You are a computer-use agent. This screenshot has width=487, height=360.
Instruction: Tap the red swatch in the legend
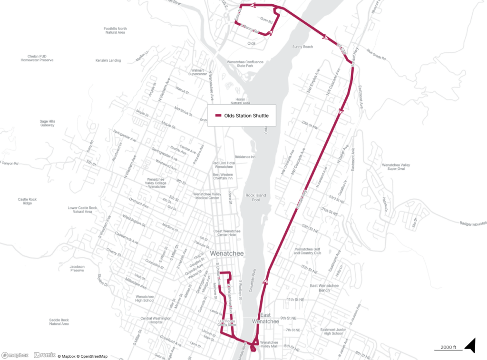[x=218, y=116]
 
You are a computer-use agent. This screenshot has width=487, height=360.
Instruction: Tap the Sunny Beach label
[x=302, y=47]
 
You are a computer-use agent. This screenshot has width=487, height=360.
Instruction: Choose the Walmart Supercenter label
[x=197, y=72]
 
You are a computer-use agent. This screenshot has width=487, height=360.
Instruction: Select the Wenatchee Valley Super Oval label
[x=396, y=167]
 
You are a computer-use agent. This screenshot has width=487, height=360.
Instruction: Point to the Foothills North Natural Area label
[x=115, y=30]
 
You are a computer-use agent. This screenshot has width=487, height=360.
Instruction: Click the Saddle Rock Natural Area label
[x=58, y=322]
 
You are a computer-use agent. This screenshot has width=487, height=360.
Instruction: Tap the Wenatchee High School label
[x=144, y=298]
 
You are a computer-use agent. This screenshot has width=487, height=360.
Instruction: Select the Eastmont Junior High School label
[x=331, y=331]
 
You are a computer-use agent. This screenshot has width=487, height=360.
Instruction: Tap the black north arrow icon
[x=470, y=346]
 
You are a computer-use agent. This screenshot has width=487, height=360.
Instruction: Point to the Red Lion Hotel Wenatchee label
[x=224, y=165]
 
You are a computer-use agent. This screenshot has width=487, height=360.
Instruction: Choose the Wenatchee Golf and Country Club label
[x=308, y=251]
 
